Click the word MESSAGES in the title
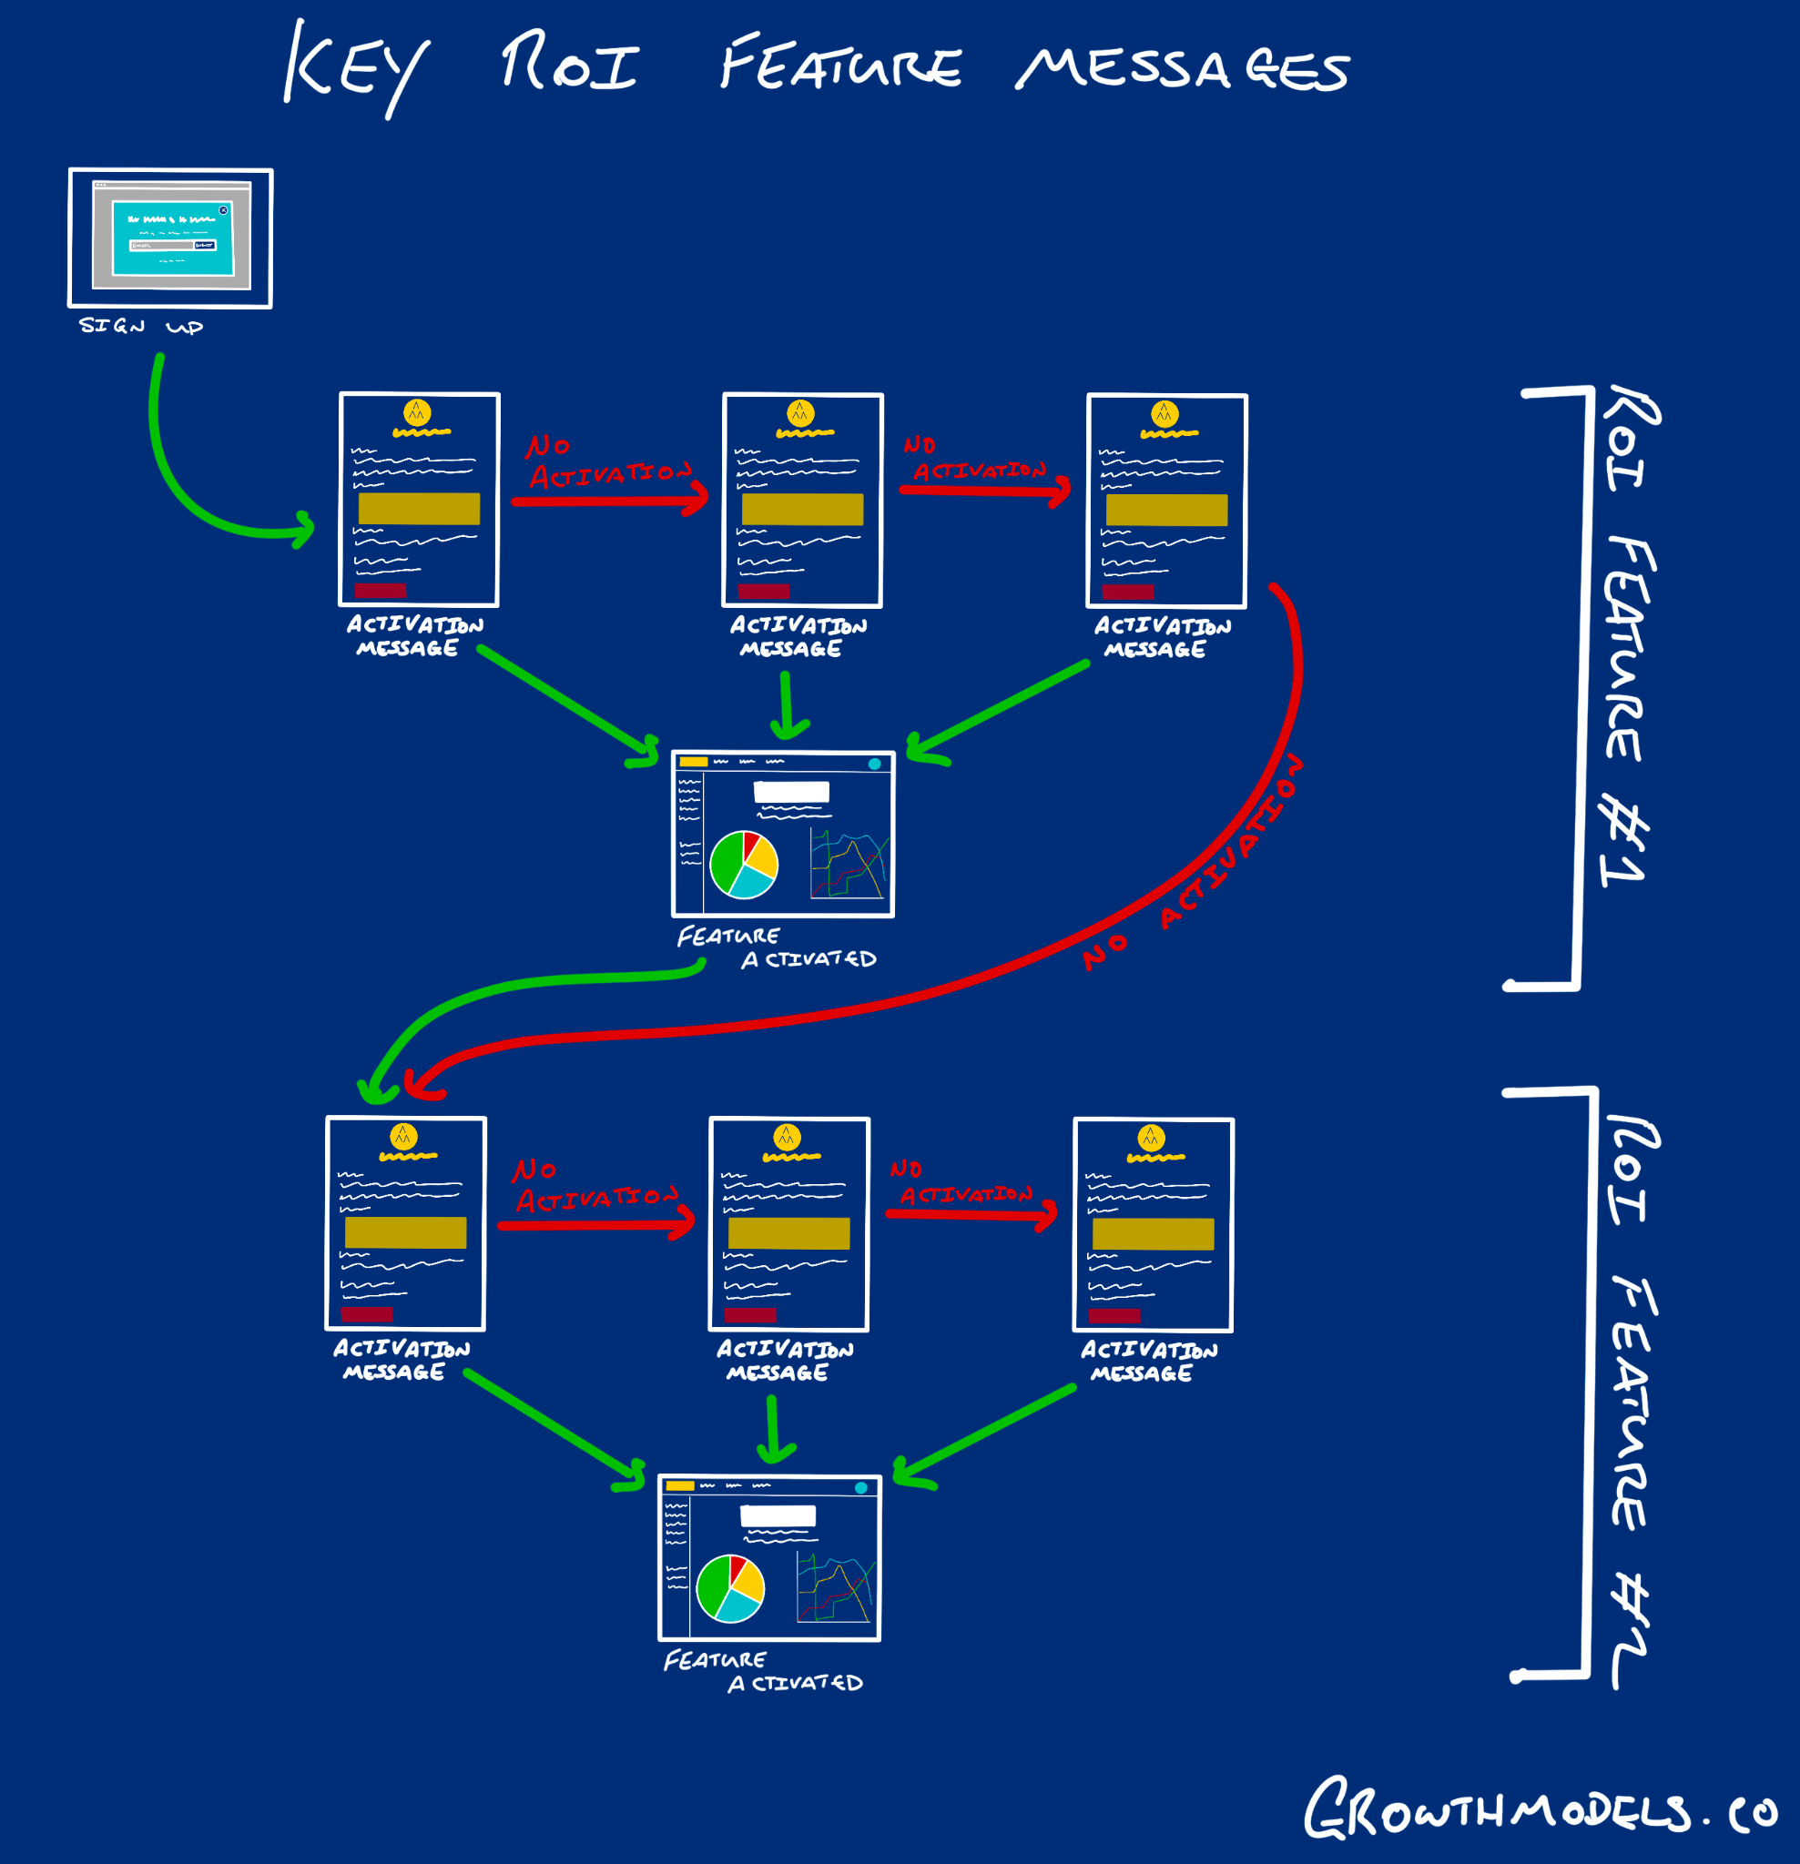pyautogui.click(x=1183, y=68)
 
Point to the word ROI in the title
pyautogui.click(x=569, y=65)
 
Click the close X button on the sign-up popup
pyautogui.click(x=224, y=210)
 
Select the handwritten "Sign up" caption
pyautogui.click(x=141, y=326)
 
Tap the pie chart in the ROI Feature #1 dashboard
pyautogui.click(x=744, y=865)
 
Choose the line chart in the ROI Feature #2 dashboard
pyautogui.click(x=835, y=1589)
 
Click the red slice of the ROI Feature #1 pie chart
pyautogui.click(x=751, y=844)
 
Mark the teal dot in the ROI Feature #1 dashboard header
pyautogui.click(x=874, y=764)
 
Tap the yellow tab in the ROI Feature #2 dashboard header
pyautogui.click(x=679, y=1485)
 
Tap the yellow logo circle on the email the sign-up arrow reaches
pyautogui.click(x=417, y=411)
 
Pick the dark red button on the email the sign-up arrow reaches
pyautogui.click(x=380, y=591)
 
